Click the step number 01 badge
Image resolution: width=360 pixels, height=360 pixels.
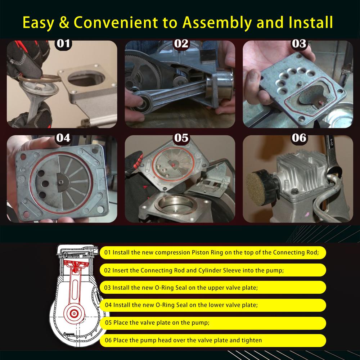click(x=63, y=44)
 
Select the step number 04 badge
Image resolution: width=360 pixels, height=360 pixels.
click(x=63, y=138)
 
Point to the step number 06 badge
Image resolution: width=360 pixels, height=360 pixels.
click(x=299, y=138)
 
